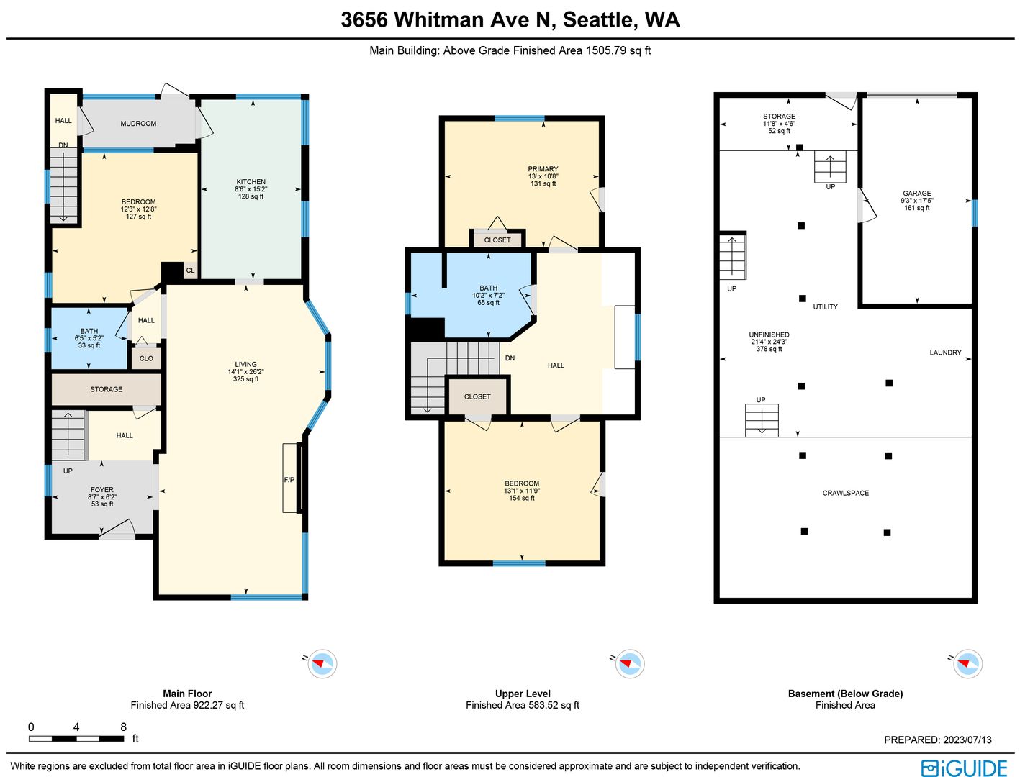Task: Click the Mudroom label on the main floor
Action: pyautogui.click(x=138, y=124)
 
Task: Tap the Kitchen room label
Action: pyautogui.click(x=251, y=182)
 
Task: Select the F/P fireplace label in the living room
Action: pyautogui.click(x=289, y=480)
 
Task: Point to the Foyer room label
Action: pyautogui.click(x=101, y=489)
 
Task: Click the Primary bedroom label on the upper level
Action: pyautogui.click(x=543, y=169)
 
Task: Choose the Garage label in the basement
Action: pyautogui.click(x=917, y=194)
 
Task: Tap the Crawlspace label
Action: pyautogui.click(x=845, y=493)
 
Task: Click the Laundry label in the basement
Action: pyautogui.click(x=945, y=353)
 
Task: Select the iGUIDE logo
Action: pyautogui.click(x=965, y=768)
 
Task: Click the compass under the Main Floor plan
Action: pyautogui.click(x=322, y=663)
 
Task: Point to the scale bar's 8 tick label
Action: pyautogui.click(x=124, y=727)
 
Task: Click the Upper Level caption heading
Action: pyautogui.click(x=523, y=694)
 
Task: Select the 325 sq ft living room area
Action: pyautogui.click(x=246, y=379)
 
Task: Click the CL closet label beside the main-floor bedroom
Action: pyautogui.click(x=190, y=271)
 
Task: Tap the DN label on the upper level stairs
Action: pyautogui.click(x=510, y=358)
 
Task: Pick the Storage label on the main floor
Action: pyautogui.click(x=107, y=389)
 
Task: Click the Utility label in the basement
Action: pyautogui.click(x=826, y=306)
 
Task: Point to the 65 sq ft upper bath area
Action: pyautogui.click(x=488, y=303)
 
